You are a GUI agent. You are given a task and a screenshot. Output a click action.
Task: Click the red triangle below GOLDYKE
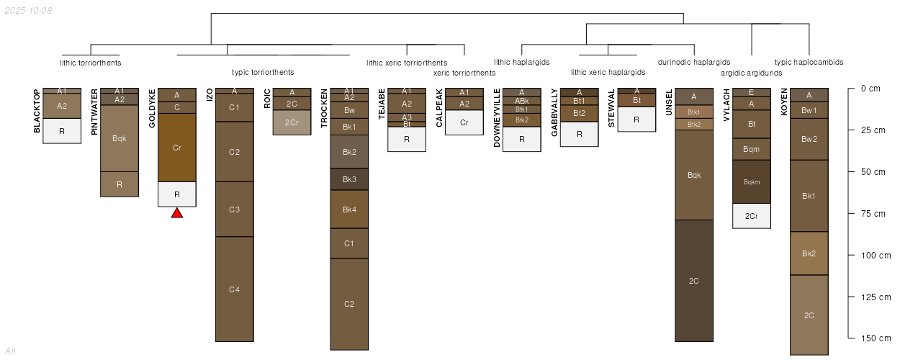click(177, 213)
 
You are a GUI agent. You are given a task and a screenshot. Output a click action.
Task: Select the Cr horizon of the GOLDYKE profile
click(177, 148)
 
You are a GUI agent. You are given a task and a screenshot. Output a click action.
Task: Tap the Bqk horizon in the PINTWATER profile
click(120, 138)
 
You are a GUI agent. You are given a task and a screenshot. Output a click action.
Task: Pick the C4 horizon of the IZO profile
click(234, 289)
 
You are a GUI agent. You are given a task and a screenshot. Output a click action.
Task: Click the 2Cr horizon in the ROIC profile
click(292, 122)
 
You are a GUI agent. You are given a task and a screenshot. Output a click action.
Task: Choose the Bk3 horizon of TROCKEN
click(349, 179)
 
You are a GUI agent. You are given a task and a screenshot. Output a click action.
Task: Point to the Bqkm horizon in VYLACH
click(752, 182)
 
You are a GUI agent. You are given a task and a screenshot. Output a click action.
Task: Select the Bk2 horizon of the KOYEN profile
click(809, 253)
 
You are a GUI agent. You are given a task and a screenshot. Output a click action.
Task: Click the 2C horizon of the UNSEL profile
click(694, 281)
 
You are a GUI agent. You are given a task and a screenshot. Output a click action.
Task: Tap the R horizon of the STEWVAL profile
click(636, 120)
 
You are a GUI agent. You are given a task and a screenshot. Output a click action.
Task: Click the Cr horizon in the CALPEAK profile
click(464, 122)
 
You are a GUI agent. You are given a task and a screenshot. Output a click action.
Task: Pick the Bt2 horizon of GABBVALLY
click(579, 113)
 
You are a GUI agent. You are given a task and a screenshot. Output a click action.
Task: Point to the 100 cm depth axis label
click(876, 255)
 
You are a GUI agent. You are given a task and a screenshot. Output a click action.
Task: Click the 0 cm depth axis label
click(870, 89)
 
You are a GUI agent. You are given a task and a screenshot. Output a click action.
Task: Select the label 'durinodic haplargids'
click(694, 62)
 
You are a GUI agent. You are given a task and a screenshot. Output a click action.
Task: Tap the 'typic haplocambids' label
click(809, 62)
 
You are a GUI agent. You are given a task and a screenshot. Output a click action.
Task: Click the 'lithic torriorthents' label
click(91, 63)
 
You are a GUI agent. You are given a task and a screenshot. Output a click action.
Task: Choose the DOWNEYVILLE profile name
click(497, 118)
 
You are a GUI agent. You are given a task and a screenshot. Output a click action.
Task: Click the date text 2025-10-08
click(28, 11)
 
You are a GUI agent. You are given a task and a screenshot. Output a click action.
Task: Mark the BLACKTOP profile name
click(37, 111)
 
